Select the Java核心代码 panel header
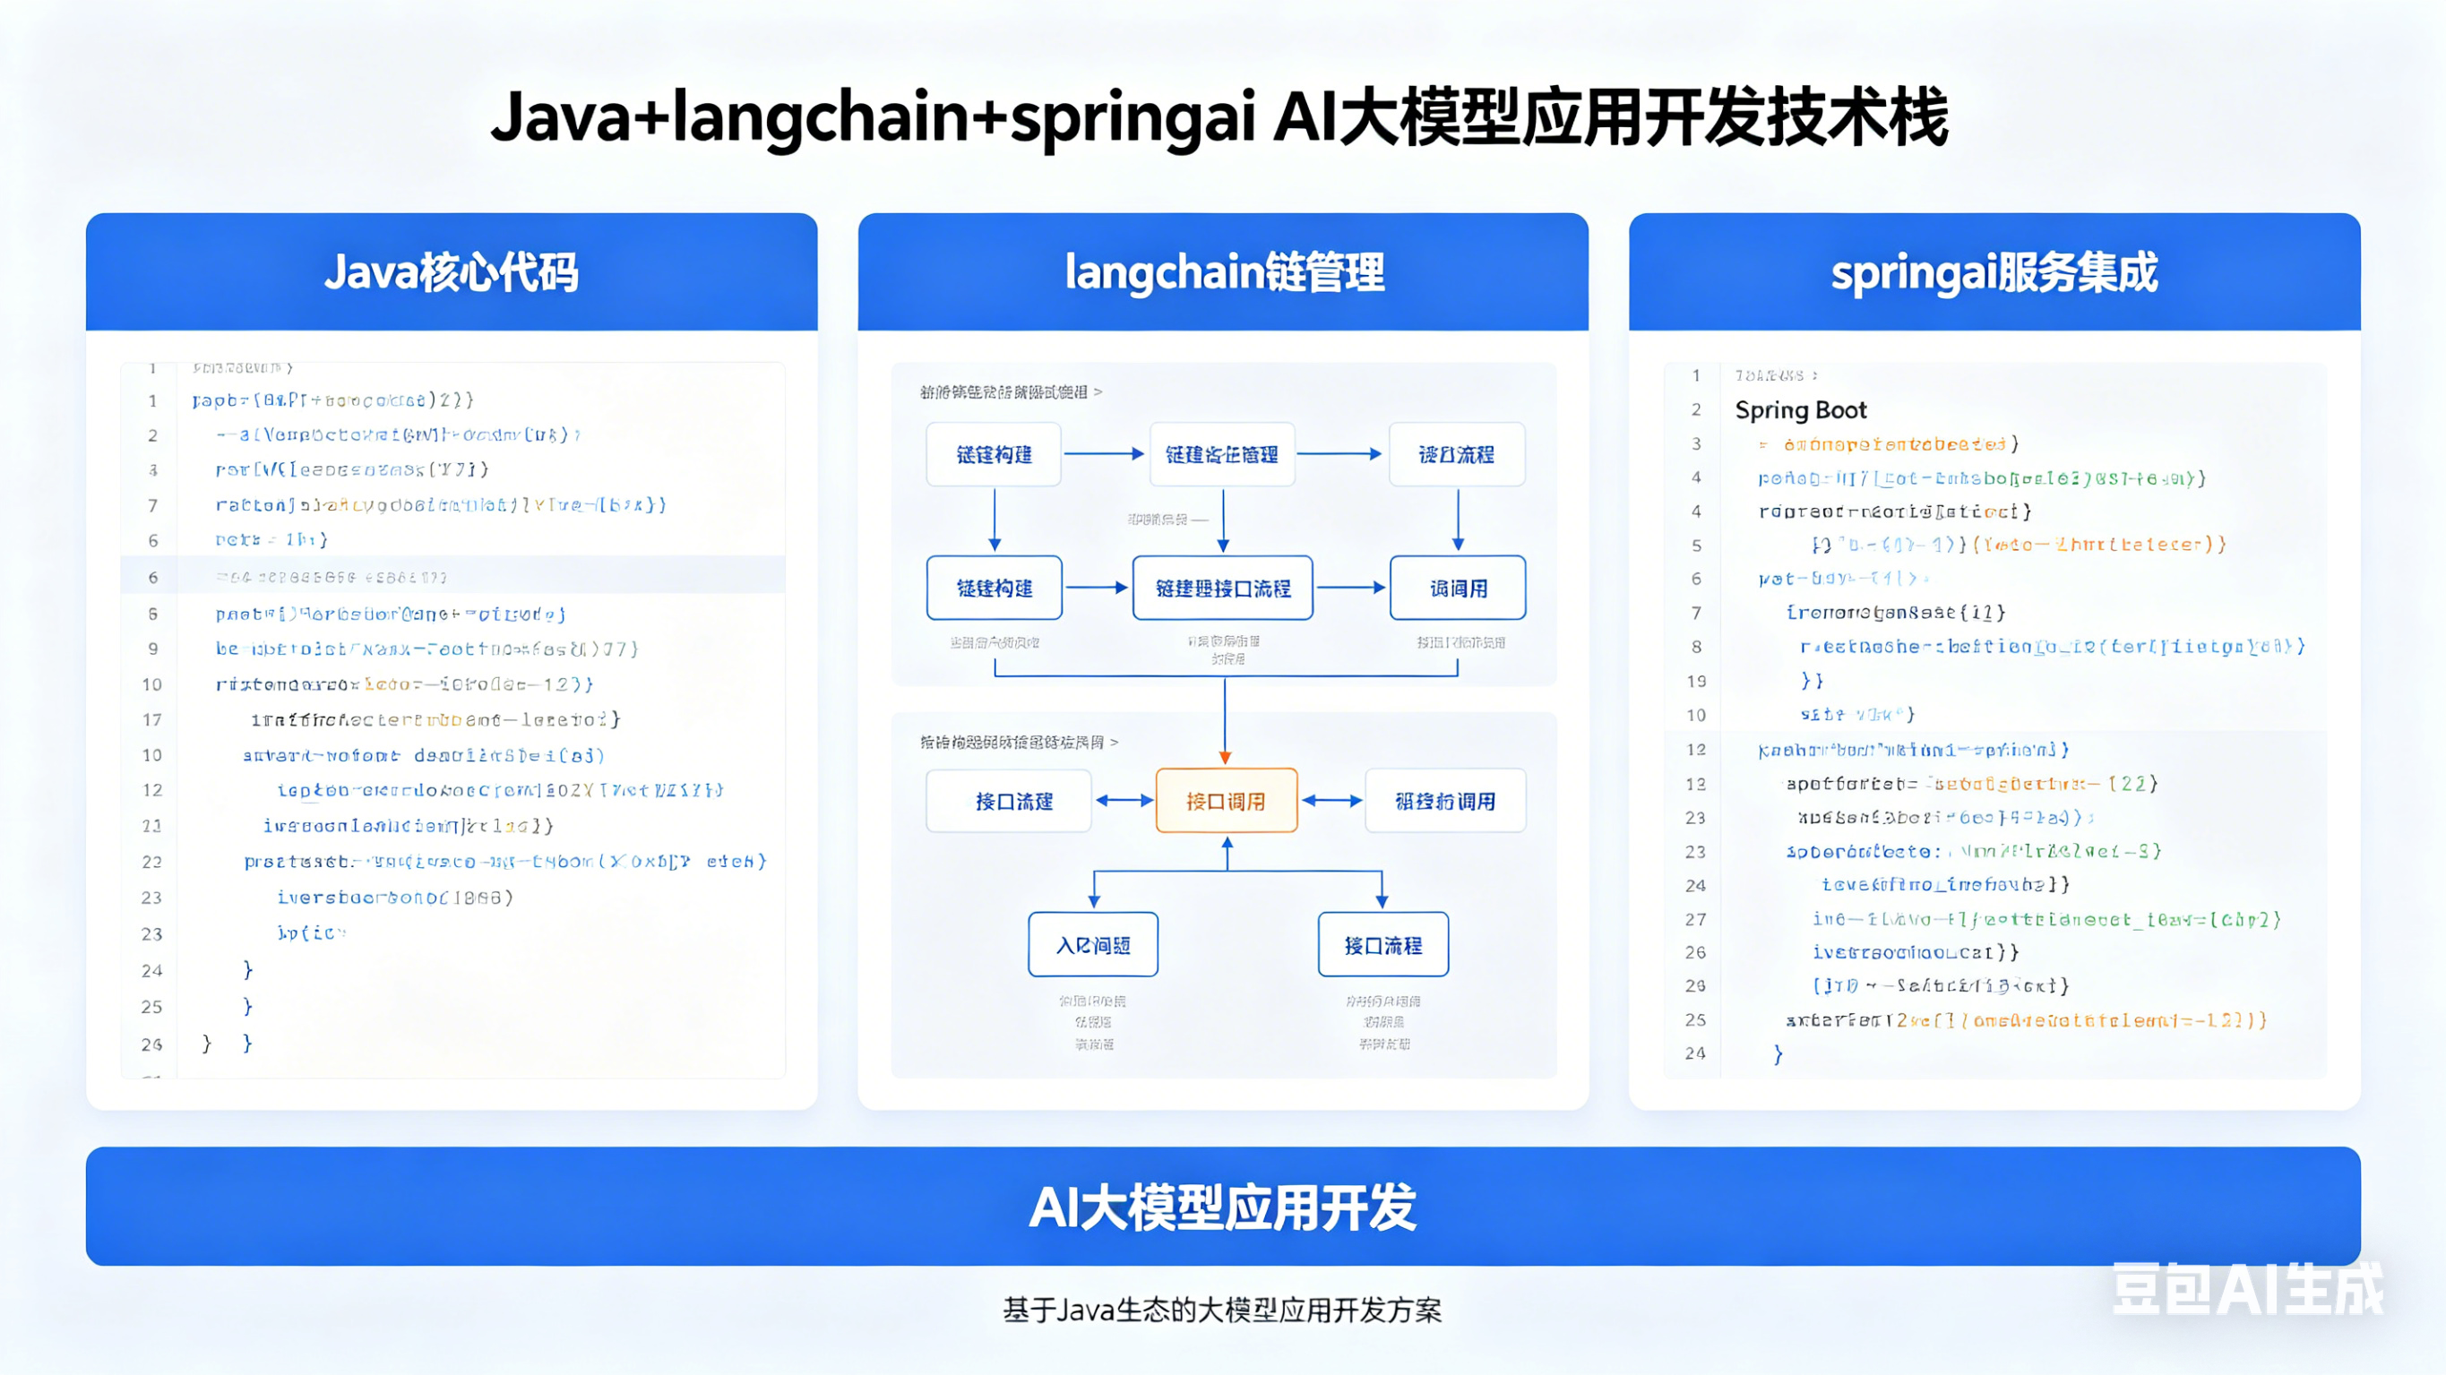[451, 272]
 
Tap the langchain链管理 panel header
[1223, 272]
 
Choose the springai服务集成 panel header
[1994, 272]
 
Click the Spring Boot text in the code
[1800, 410]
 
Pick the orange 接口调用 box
[1226, 802]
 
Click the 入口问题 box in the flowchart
[1093, 945]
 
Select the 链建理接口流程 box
[1223, 589]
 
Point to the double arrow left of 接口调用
[1124, 801]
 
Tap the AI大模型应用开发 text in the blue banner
[1223, 1207]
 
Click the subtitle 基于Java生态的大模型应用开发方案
[1223, 1311]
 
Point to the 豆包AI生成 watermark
[2246, 1290]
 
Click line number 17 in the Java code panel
[152, 720]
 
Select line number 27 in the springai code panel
[1696, 919]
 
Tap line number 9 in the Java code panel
[152, 649]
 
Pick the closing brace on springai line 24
[1779, 1054]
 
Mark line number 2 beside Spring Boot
[1696, 410]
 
